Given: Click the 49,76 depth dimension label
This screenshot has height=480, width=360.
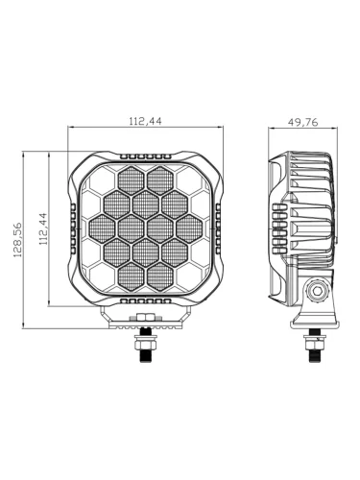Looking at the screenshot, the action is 302,122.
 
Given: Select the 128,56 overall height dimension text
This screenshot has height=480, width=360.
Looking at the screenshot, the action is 17,240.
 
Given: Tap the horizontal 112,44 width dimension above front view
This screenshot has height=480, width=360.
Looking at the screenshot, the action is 146,121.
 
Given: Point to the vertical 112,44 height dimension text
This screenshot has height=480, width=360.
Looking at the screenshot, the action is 43,229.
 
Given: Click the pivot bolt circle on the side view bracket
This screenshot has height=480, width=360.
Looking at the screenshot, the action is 318,291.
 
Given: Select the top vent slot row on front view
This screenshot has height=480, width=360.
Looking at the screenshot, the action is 146,156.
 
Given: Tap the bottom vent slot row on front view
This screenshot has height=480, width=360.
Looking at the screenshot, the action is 146,300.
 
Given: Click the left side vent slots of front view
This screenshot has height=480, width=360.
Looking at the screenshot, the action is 73,228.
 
